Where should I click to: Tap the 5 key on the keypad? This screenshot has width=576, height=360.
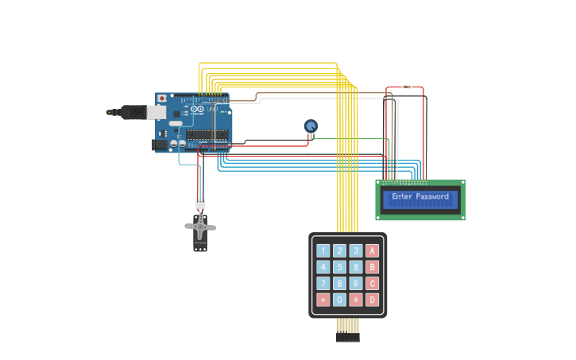[339, 267]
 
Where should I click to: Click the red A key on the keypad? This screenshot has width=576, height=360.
[372, 250]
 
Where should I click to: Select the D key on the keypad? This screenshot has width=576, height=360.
[372, 300]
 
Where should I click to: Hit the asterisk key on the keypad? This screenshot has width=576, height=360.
[323, 300]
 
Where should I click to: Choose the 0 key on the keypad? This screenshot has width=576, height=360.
[339, 300]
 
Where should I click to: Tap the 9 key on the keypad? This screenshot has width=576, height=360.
[356, 283]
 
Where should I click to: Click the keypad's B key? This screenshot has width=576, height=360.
[372, 267]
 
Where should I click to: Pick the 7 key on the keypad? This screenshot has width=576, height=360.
[323, 283]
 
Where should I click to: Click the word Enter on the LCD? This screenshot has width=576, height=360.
[402, 196]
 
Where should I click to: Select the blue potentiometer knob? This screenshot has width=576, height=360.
[311, 126]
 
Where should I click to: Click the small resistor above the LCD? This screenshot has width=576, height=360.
[407, 87]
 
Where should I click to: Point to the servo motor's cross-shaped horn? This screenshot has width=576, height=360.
[200, 226]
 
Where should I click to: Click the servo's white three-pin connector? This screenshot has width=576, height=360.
[200, 203]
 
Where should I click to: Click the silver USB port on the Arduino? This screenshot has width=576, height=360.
[157, 112]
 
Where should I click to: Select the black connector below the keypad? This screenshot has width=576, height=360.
[347, 337]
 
